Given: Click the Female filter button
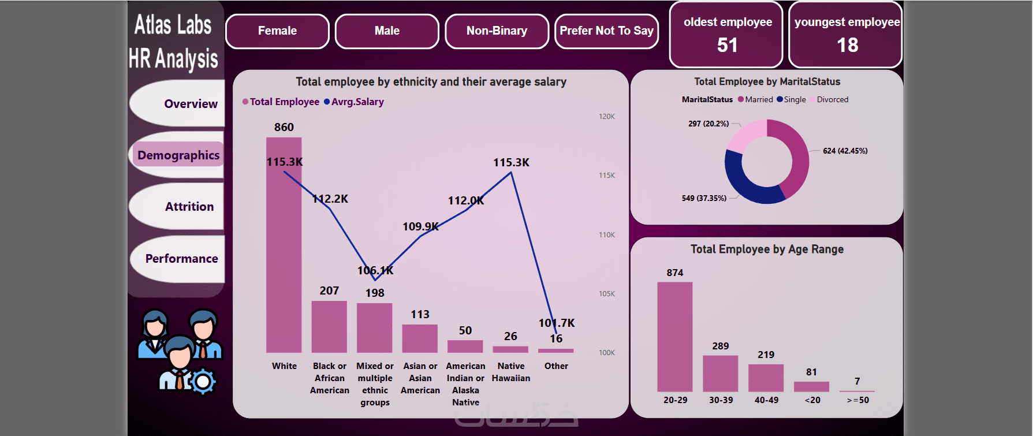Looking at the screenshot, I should [277, 31].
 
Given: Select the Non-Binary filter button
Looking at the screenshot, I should [497, 31].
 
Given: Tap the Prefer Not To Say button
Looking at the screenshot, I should [606, 31].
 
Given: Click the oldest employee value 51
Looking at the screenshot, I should [727, 45].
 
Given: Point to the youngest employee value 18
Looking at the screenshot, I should [847, 45].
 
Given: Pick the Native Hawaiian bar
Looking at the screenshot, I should [510, 349].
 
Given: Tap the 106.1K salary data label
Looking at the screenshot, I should [375, 270].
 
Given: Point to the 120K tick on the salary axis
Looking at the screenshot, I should [607, 117].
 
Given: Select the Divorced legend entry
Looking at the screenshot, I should [832, 100].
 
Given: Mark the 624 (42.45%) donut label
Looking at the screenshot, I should [845, 151].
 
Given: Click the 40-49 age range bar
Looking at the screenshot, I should [766, 378].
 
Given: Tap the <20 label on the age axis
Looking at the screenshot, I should [812, 400].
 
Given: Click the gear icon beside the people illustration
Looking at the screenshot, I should [203, 382].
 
